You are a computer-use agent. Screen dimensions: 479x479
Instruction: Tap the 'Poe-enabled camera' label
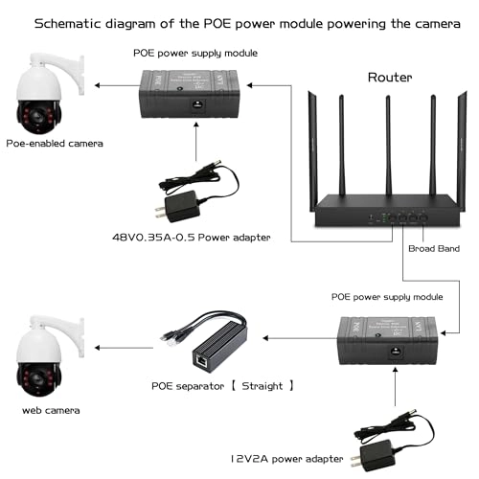click(54, 143)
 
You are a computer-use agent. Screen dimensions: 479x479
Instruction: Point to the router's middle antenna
click(387, 144)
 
